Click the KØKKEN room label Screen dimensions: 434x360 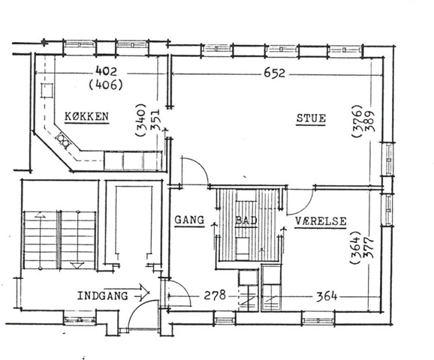pos(86,116)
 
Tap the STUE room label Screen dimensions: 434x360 pos(311,118)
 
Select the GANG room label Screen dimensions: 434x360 pos(190,220)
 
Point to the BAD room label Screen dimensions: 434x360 pos(246,220)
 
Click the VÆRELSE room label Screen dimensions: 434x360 pos(321,221)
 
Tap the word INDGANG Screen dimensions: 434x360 pos(102,295)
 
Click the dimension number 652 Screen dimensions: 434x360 pos(274,73)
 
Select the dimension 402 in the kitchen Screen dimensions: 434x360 pos(107,71)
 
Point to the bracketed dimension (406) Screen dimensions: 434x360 pos(106,85)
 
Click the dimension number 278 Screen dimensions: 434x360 pos(215,295)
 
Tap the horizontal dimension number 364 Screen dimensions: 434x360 pos(327,296)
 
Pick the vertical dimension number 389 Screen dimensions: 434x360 pos(370,121)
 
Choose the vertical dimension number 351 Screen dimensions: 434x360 pos(155,120)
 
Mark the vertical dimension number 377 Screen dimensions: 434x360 pos(369,247)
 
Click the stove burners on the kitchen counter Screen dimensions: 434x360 pos(63,139)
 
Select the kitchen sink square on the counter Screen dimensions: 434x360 pos(47,90)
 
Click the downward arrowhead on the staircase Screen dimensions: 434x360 pos(77,265)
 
